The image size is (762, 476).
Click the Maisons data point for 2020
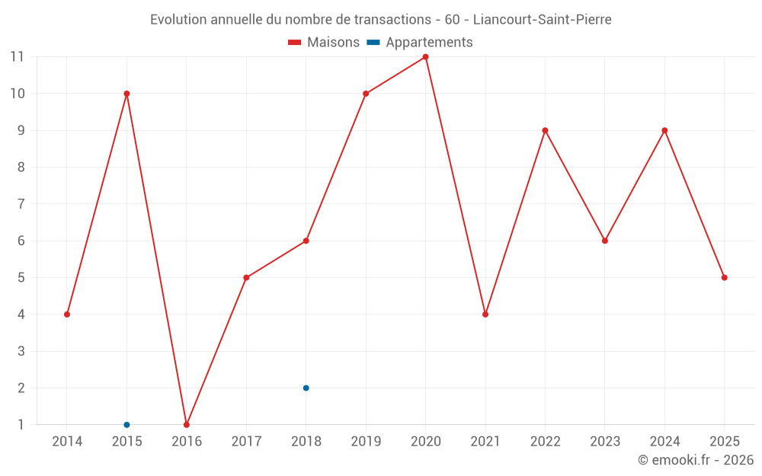pos(425,57)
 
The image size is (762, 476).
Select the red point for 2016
pos(187,424)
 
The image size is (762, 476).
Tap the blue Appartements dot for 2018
pos(306,388)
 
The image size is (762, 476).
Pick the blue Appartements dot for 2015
pos(126,424)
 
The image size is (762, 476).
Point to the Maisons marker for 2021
pos(485,315)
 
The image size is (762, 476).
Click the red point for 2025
pos(724,277)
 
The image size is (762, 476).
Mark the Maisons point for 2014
pos(67,315)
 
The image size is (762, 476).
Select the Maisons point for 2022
pos(545,130)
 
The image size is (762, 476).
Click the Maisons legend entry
pos(324,43)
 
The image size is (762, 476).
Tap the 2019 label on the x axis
pos(366,442)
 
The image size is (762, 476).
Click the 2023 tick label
pos(605,442)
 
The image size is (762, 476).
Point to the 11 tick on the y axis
pos(17,57)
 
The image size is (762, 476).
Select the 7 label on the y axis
pos(21,204)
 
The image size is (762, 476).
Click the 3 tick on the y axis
pos(21,351)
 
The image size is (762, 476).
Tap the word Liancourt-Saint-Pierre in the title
pos(542,20)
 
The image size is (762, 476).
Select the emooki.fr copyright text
pos(696,460)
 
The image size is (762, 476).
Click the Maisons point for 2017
pos(246,277)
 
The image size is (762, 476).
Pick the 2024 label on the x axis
pos(664,442)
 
